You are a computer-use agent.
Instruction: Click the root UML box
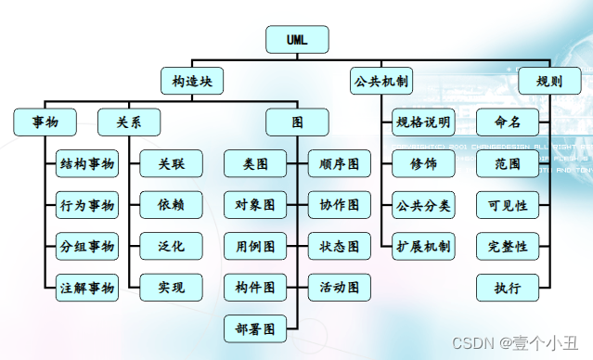[x=297, y=40]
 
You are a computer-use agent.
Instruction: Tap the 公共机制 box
[x=382, y=82]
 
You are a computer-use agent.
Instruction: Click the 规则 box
[x=548, y=82]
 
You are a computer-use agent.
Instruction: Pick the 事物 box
[x=45, y=122]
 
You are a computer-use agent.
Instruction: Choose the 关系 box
[x=129, y=122]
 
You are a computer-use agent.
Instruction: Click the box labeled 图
[x=297, y=122]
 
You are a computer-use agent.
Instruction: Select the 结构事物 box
[x=87, y=164]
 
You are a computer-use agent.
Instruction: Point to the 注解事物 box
[x=87, y=288]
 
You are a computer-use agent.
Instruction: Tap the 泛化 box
[x=171, y=247]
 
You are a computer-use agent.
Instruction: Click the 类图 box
[x=255, y=164]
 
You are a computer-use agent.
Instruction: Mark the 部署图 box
[x=255, y=328]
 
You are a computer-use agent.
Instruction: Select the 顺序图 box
[x=340, y=164]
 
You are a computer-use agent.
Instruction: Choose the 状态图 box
[x=340, y=247]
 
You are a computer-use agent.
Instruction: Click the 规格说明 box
[x=423, y=122]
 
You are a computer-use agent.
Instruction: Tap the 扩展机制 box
[x=423, y=247]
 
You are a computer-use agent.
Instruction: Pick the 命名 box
[x=508, y=122]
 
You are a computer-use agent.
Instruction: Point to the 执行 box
[x=508, y=288]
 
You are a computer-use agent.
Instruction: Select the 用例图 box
[x=255, y=247]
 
